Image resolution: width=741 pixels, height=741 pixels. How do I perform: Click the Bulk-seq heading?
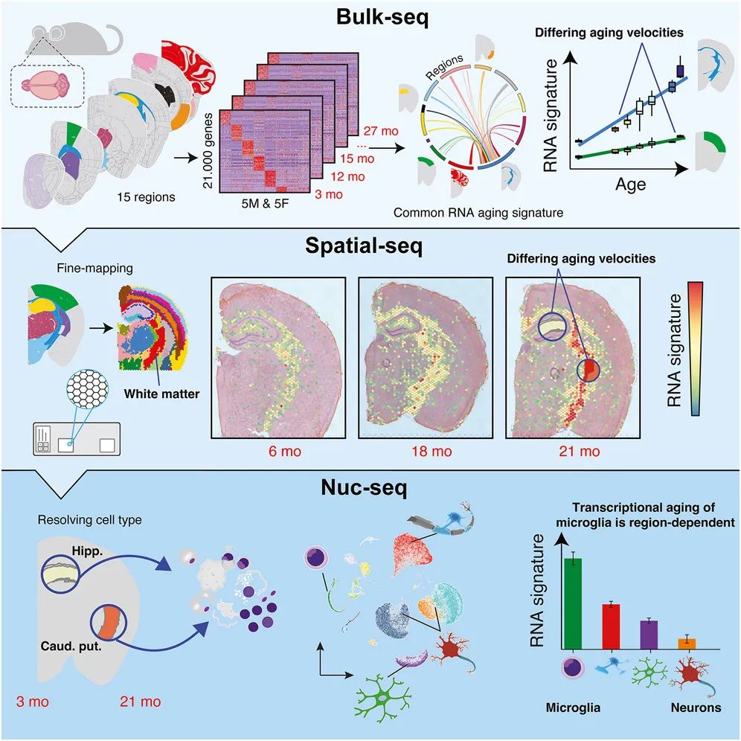(382, 18)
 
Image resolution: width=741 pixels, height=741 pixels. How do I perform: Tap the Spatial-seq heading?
(364, 246)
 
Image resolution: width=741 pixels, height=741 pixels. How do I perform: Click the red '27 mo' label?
(381, 131)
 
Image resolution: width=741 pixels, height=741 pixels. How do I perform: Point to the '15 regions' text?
(146, 197)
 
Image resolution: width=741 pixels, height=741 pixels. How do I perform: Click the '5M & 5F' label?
(265, 204)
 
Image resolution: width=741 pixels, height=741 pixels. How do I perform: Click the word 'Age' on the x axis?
(630, 185)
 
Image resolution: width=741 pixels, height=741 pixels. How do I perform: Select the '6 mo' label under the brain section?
(285, 452)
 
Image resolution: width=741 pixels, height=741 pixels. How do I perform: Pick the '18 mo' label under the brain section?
(432, 452)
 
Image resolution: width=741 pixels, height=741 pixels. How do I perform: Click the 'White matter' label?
(161, 394)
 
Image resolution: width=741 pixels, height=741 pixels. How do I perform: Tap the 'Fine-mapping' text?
(95, 269)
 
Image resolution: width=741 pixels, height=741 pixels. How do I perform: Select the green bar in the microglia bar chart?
(573, 603)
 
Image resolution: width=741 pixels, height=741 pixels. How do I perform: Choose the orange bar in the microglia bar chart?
(687, 644)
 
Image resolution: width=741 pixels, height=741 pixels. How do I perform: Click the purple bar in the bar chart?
(649, 635)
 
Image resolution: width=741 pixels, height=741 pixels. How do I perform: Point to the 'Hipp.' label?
(88, 551)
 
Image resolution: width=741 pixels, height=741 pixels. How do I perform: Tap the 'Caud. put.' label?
(71, 646)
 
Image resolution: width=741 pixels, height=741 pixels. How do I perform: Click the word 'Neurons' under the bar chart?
(696, 708)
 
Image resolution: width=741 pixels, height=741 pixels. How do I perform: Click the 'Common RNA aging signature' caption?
(478, 213)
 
